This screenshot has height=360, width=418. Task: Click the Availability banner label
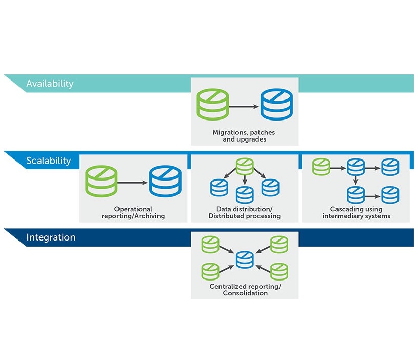(50, 84)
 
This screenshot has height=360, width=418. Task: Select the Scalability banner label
(49, 161)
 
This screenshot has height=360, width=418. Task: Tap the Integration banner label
(51, 237)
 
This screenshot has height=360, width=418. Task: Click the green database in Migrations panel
(213, 104)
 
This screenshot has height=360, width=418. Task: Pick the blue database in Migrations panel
(276, 104)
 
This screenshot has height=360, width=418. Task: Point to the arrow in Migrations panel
(244, 107)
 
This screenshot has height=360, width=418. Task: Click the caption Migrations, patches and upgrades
(244, 136)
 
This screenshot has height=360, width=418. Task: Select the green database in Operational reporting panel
(102, 181)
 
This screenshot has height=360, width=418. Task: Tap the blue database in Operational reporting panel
(165, 181)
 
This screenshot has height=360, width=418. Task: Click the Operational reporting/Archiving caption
(133, 213)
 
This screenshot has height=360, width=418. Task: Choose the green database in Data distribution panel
(245, 167)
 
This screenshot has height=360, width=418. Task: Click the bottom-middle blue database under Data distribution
(245, 194)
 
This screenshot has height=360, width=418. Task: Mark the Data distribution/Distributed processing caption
(245, 213)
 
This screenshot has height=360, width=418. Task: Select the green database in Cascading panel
(321, 167)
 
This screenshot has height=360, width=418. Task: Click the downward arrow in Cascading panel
(355, 180)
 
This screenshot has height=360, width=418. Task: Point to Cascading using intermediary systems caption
(356, 213)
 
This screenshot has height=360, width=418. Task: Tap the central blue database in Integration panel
(245, 259)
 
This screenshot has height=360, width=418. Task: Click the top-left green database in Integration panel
(210, 244)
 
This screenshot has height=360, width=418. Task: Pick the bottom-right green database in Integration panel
(279, 271)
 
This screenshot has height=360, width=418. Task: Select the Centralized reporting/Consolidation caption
(245, 290)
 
